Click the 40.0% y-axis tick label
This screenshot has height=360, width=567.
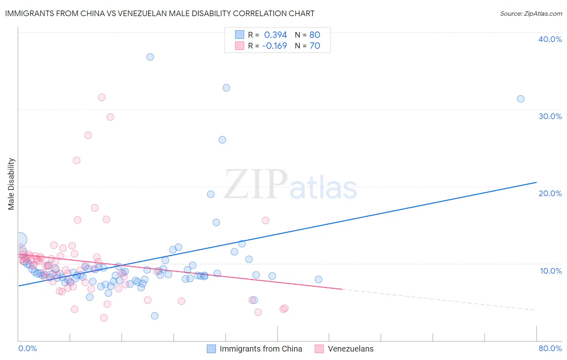coord(550,39)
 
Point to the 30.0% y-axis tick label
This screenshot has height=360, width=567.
coord(550,116)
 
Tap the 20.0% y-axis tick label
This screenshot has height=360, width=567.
coord(550,193)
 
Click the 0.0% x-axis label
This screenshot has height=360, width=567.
coord(27,348)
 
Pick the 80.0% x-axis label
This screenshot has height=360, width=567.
coord(550,348)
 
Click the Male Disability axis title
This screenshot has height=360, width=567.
coord(11,184)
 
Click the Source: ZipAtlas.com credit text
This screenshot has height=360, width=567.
coord(531,14)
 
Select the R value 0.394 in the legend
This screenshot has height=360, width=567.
coord(275,35)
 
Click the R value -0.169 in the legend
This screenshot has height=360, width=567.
coord(274,46)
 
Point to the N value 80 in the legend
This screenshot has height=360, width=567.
coord(315,35)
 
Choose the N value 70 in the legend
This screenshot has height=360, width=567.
coord(315,46)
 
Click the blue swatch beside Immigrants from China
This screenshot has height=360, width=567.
coord(211,349)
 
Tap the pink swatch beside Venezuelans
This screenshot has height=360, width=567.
coord(319,349)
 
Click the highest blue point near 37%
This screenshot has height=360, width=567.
coord(150,57)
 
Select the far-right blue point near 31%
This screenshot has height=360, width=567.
coord(521,99)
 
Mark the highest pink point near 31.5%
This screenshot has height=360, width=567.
coord(102,97)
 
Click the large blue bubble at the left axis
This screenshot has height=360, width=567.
coord(19,240)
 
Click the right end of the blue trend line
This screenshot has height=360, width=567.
coord(536,182)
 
